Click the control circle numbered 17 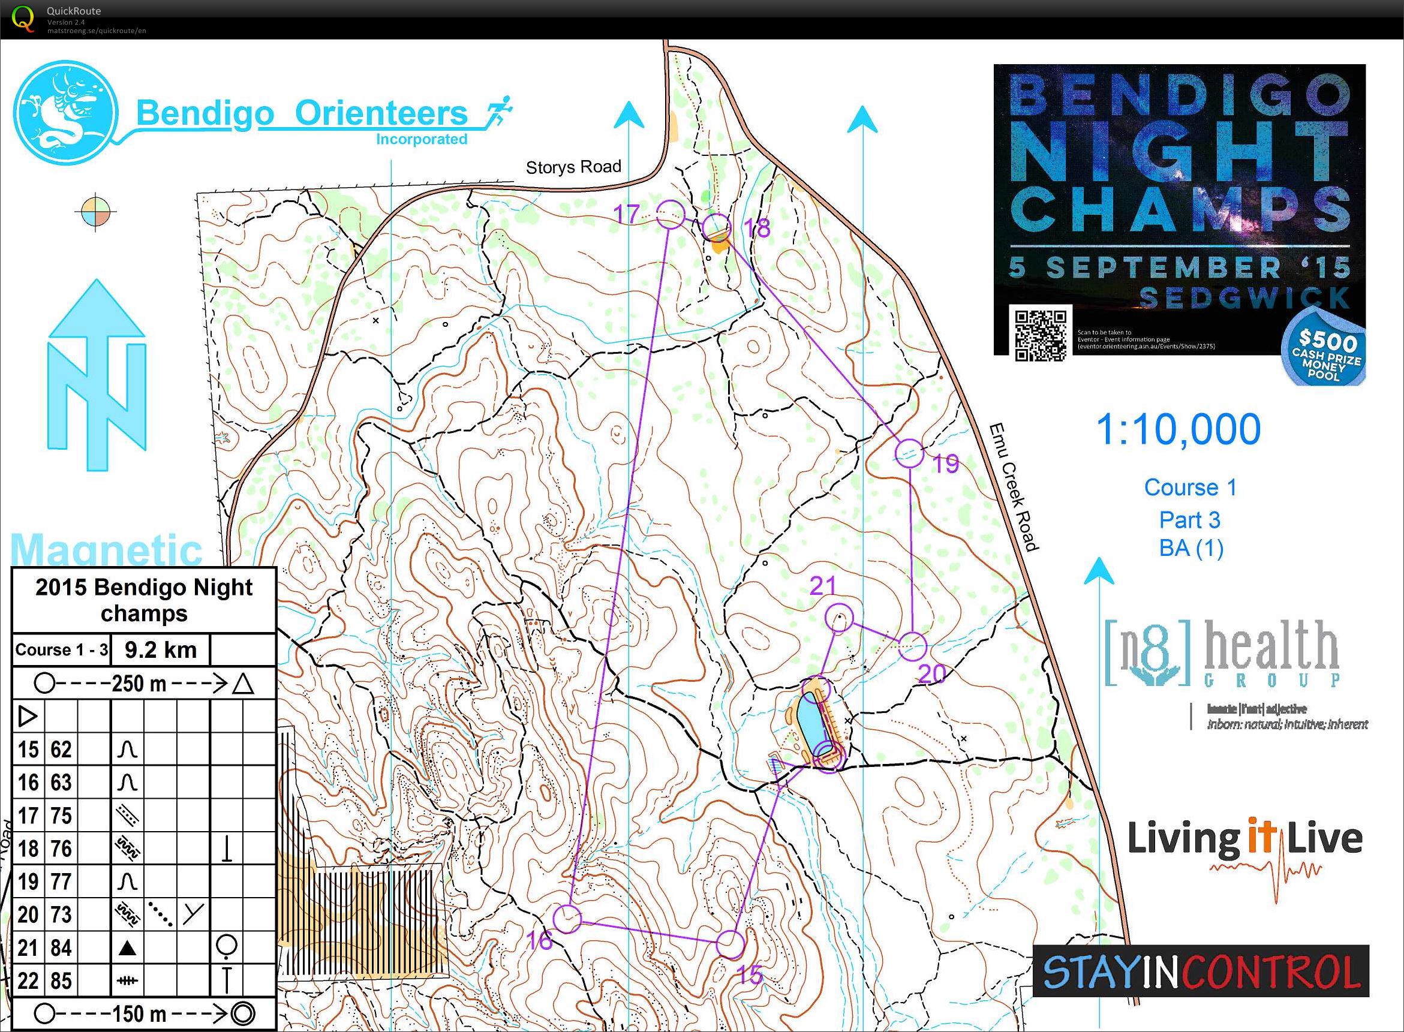[671, 214]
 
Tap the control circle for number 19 [910, 453]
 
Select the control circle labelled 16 [567, 919]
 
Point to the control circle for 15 [730, 944]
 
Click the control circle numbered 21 [839, 618]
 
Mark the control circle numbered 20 [913, 646]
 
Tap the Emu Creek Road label [1014, 488]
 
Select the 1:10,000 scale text [1178, 430]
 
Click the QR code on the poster [1040, 335]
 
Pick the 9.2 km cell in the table [161, 649]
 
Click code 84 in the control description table [61, 947]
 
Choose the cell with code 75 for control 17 [61, 816]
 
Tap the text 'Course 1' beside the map [1190, 488]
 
